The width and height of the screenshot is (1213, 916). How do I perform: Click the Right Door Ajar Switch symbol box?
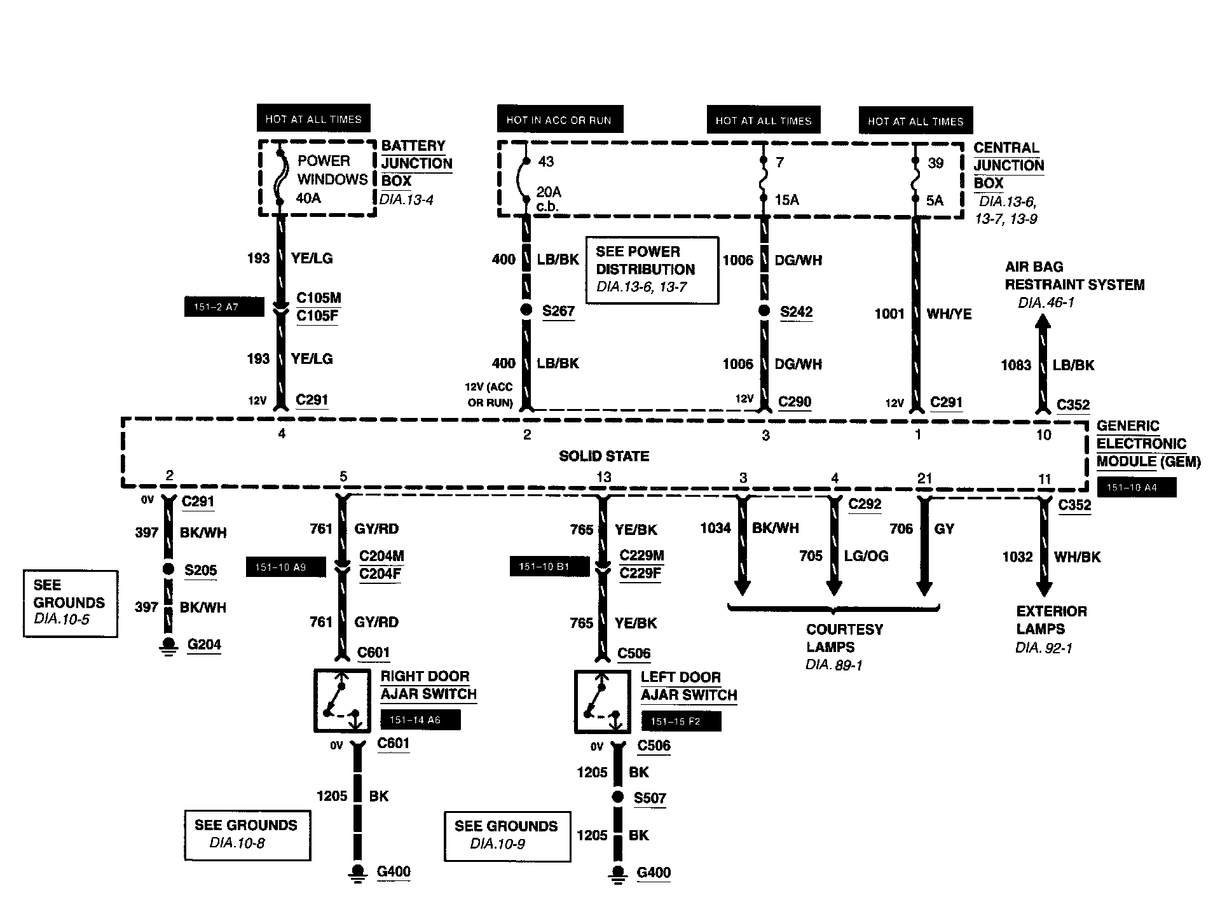[x=342, y=700]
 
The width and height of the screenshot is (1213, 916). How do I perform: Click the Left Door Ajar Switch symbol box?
[x=602, y=701]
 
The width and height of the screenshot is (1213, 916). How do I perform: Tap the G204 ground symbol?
[x=168, y=645]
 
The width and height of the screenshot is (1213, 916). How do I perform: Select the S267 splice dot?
[x=526, y=310]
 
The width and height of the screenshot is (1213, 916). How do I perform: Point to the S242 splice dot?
[x=765, y=312]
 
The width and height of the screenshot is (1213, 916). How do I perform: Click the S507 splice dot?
[x=617, y=797]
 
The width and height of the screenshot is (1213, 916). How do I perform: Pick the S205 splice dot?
[x=168, y=569]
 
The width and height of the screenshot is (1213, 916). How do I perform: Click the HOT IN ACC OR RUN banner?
[x=559, y=120]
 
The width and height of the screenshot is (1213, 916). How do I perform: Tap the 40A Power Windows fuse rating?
[x=308, y=198]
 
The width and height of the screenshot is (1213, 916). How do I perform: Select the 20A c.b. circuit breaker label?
[x=549, y=198]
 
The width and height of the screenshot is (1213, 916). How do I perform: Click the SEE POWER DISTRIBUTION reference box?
[x=652, y=270]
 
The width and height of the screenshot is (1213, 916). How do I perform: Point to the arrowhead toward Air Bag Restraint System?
[x=1043, y=323]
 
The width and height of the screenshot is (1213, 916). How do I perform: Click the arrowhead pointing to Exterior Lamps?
[x=1044, y=588]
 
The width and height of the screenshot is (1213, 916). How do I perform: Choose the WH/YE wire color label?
[x=949, y=314]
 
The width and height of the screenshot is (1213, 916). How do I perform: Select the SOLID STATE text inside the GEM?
[x=604, y=456]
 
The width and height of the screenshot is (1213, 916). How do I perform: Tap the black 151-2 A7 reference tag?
[x=224, y=307]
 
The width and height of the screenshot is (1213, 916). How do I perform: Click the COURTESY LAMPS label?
[x=844, y=638]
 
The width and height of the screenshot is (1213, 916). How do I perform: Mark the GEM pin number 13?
[x=603, y=477]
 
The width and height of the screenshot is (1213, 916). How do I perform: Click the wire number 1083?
[x=1015, y=365]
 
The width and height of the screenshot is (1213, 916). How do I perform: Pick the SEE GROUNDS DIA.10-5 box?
[x=70, y=603]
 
